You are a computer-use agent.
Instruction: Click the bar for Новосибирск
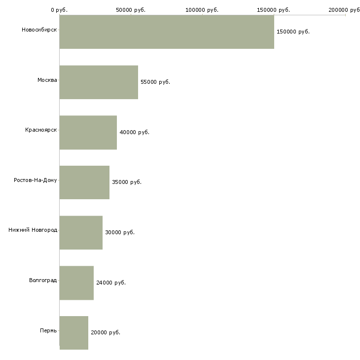click(x=167, y=32)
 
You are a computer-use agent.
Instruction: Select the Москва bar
click(x=99, y=82)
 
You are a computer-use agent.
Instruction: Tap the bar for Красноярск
click(x=88, y=133)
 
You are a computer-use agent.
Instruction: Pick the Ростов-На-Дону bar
click(x=84, y=182)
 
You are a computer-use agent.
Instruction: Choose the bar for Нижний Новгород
click(x=81, y=233)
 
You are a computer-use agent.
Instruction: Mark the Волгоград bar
click(x=76, y=283)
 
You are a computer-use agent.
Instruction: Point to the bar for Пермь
click(x=74, y=333)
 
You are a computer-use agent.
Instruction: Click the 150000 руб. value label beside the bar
click(x=293, y=32)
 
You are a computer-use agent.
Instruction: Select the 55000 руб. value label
click(x=155, y=82)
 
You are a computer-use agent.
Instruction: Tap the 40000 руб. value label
click(x=134, y=133)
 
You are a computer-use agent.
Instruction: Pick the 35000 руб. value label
click(x=127, y=182)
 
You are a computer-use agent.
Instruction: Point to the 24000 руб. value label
click(x=111, y=283)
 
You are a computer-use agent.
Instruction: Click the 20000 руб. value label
click(x=106, y=333)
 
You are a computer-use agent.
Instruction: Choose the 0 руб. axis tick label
click(x=59, y=10)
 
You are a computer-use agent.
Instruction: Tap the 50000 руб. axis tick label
click(x=131, y=10)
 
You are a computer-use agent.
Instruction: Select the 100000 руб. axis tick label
click(x=202, y=10)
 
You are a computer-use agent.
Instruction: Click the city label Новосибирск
click(x=39, y=30)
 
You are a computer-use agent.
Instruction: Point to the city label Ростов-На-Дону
click(x=36, y=180)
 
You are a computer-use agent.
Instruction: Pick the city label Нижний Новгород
click(x=33, y=230)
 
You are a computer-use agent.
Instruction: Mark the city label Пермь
click(x=48, y=330)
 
